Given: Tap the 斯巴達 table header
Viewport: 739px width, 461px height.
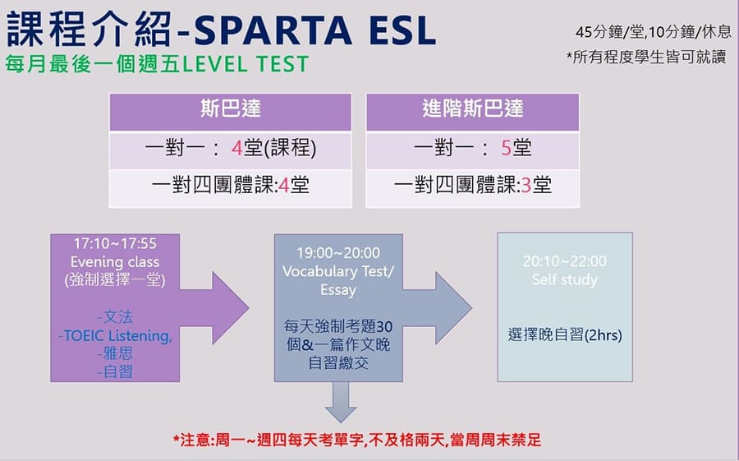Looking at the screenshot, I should point(231,109).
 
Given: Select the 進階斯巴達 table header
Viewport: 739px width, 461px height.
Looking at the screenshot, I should point(472,109).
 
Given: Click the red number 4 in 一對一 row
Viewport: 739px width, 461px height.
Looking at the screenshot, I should point(236,149).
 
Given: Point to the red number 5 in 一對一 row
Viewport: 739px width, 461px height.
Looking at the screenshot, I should point(507,149).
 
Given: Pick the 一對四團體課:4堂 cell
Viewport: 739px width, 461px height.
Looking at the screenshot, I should point(231,185).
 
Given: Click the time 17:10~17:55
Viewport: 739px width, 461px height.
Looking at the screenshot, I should point(115,244).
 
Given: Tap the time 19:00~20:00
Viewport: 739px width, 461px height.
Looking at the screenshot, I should point(338,253).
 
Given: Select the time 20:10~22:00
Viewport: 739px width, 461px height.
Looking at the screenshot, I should point(565,261).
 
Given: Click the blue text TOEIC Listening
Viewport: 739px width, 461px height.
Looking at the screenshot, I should point(115,335).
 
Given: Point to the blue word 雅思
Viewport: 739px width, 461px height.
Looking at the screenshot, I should point(115,353).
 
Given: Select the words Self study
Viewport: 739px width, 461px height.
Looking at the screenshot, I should point(565,279).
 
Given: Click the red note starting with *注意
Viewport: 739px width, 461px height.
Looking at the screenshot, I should point(357,440).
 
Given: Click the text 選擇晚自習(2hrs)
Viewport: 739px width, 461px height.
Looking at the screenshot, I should point(565,335).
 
